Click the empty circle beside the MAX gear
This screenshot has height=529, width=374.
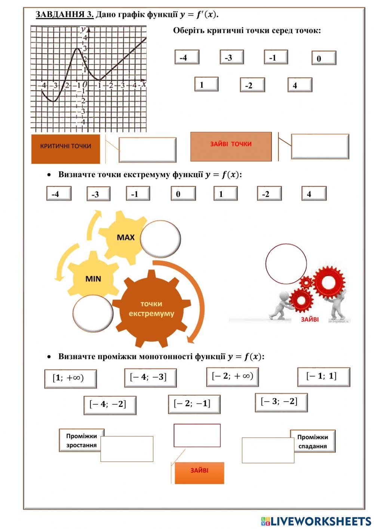coord(160,238)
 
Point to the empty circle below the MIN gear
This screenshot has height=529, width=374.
coord(93,313)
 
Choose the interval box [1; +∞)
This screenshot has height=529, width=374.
coord(70,378)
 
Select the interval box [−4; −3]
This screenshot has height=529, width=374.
coord(150,377)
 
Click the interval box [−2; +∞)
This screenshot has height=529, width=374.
coord(232,377)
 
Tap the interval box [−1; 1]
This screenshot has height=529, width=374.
coord(324,377)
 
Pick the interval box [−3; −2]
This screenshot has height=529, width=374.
coord(281,402)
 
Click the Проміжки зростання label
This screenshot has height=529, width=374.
coord(81,440)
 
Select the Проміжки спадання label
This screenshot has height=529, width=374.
coord(313,441)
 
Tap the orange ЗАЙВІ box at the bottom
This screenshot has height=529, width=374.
coord(199,472)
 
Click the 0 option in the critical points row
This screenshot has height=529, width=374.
coord(324,58)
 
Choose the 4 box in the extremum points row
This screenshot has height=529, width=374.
coord(313,194)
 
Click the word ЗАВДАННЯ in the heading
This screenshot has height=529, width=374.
coord(64,15)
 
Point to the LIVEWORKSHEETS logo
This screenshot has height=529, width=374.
coord(316,521)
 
